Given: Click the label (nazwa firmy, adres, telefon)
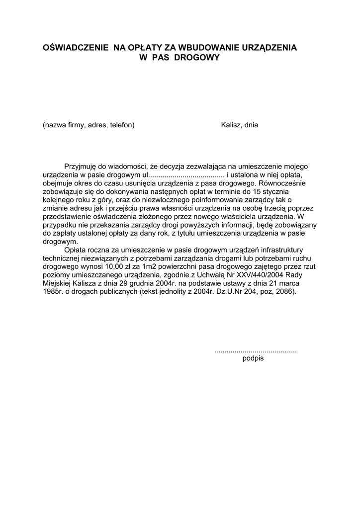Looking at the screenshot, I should tap(89, 125).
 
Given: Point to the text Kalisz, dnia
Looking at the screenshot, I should tap(239, 125).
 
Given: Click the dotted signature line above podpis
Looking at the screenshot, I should tap(255, 351).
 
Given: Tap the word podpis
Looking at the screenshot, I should tap(253, 358).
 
